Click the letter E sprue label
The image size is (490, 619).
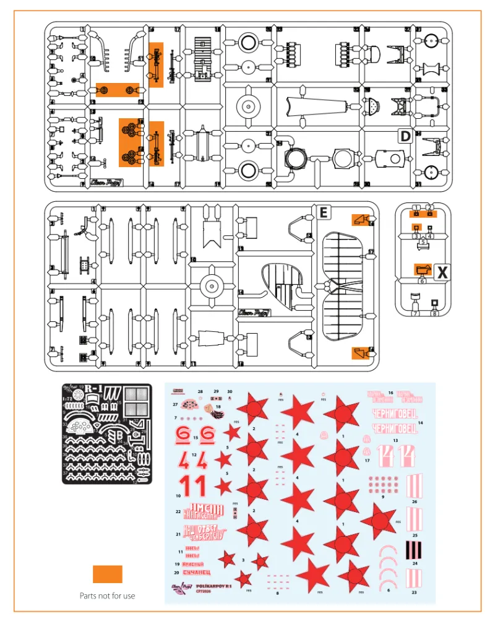point(322,213)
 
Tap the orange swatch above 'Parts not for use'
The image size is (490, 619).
point(107,574)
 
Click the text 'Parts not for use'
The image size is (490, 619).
point(107,595)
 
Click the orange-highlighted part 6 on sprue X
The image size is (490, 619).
point(423,269)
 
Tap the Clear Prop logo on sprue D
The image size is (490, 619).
point(100,182)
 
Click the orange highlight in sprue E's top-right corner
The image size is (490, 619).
point(361,220)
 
